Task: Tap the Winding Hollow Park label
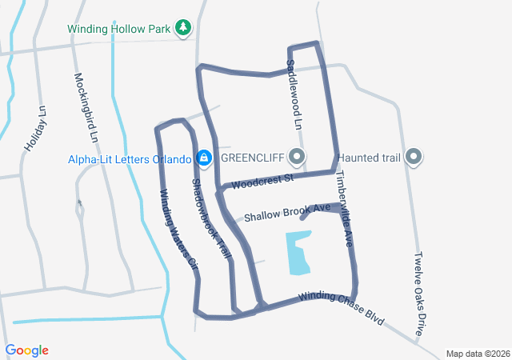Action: click(x=120, y=29)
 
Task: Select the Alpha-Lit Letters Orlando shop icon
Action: click(x=204, y=157)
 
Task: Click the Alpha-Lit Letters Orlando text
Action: click(x=129, y=157)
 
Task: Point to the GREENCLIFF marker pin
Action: click(x=298, y=157)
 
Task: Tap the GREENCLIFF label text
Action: click(x=254, y=157)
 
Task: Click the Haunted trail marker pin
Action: click(x=414, y=157)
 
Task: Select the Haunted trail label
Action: click(x=369, y=157)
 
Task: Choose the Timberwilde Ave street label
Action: click(x=343, y=207)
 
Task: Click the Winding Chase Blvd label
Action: click(x=342, y=307)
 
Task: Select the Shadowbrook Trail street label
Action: click(x=210, y=218)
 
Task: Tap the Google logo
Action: click(x=27, y=350)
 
